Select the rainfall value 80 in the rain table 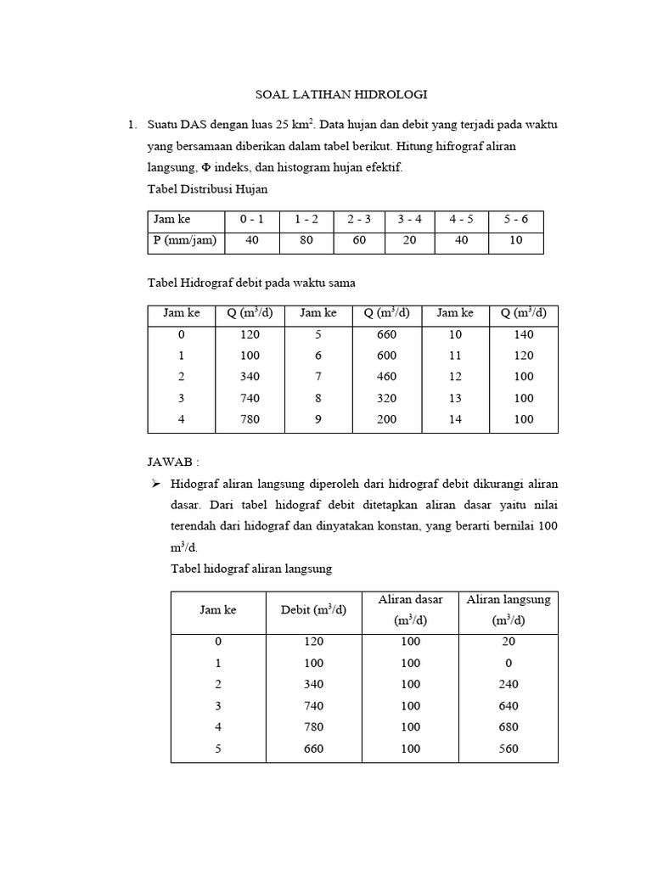306,240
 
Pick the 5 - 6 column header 515,219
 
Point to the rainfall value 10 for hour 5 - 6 515,240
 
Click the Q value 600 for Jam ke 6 386,356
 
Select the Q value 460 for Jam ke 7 386,377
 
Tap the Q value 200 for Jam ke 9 386,419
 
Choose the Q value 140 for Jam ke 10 524,334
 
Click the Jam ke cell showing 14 455,419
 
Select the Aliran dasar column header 410,610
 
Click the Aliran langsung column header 509,610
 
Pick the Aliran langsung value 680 509,727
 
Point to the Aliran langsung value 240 509,685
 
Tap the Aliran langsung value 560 509,748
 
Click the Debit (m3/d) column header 313,610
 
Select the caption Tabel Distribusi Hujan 208,188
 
